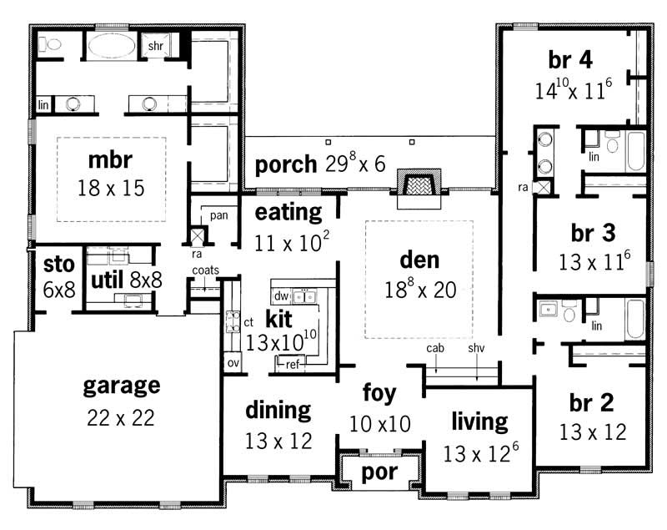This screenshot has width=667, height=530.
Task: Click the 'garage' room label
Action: tap(121, 386)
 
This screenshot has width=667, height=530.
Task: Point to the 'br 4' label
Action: tap(570, 60)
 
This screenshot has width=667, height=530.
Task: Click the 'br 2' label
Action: tap(593, 404)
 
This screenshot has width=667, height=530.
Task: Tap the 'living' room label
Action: tap(479, 421)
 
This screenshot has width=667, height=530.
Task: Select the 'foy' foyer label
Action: tap(379, 391)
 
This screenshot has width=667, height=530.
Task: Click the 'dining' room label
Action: tap(278, 411)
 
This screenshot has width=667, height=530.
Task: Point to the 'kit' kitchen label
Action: tap(278, 318)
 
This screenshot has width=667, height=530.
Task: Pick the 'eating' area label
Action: tap(288, 212)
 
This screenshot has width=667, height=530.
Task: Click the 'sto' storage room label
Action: tap(58, 265)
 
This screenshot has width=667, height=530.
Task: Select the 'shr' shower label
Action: tap(155, 46)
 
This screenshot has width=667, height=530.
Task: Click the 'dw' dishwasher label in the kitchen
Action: tap(281, 295)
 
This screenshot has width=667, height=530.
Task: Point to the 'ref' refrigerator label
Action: tap(292, 363)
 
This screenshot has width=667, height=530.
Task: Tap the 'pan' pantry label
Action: tap(218, 215)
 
